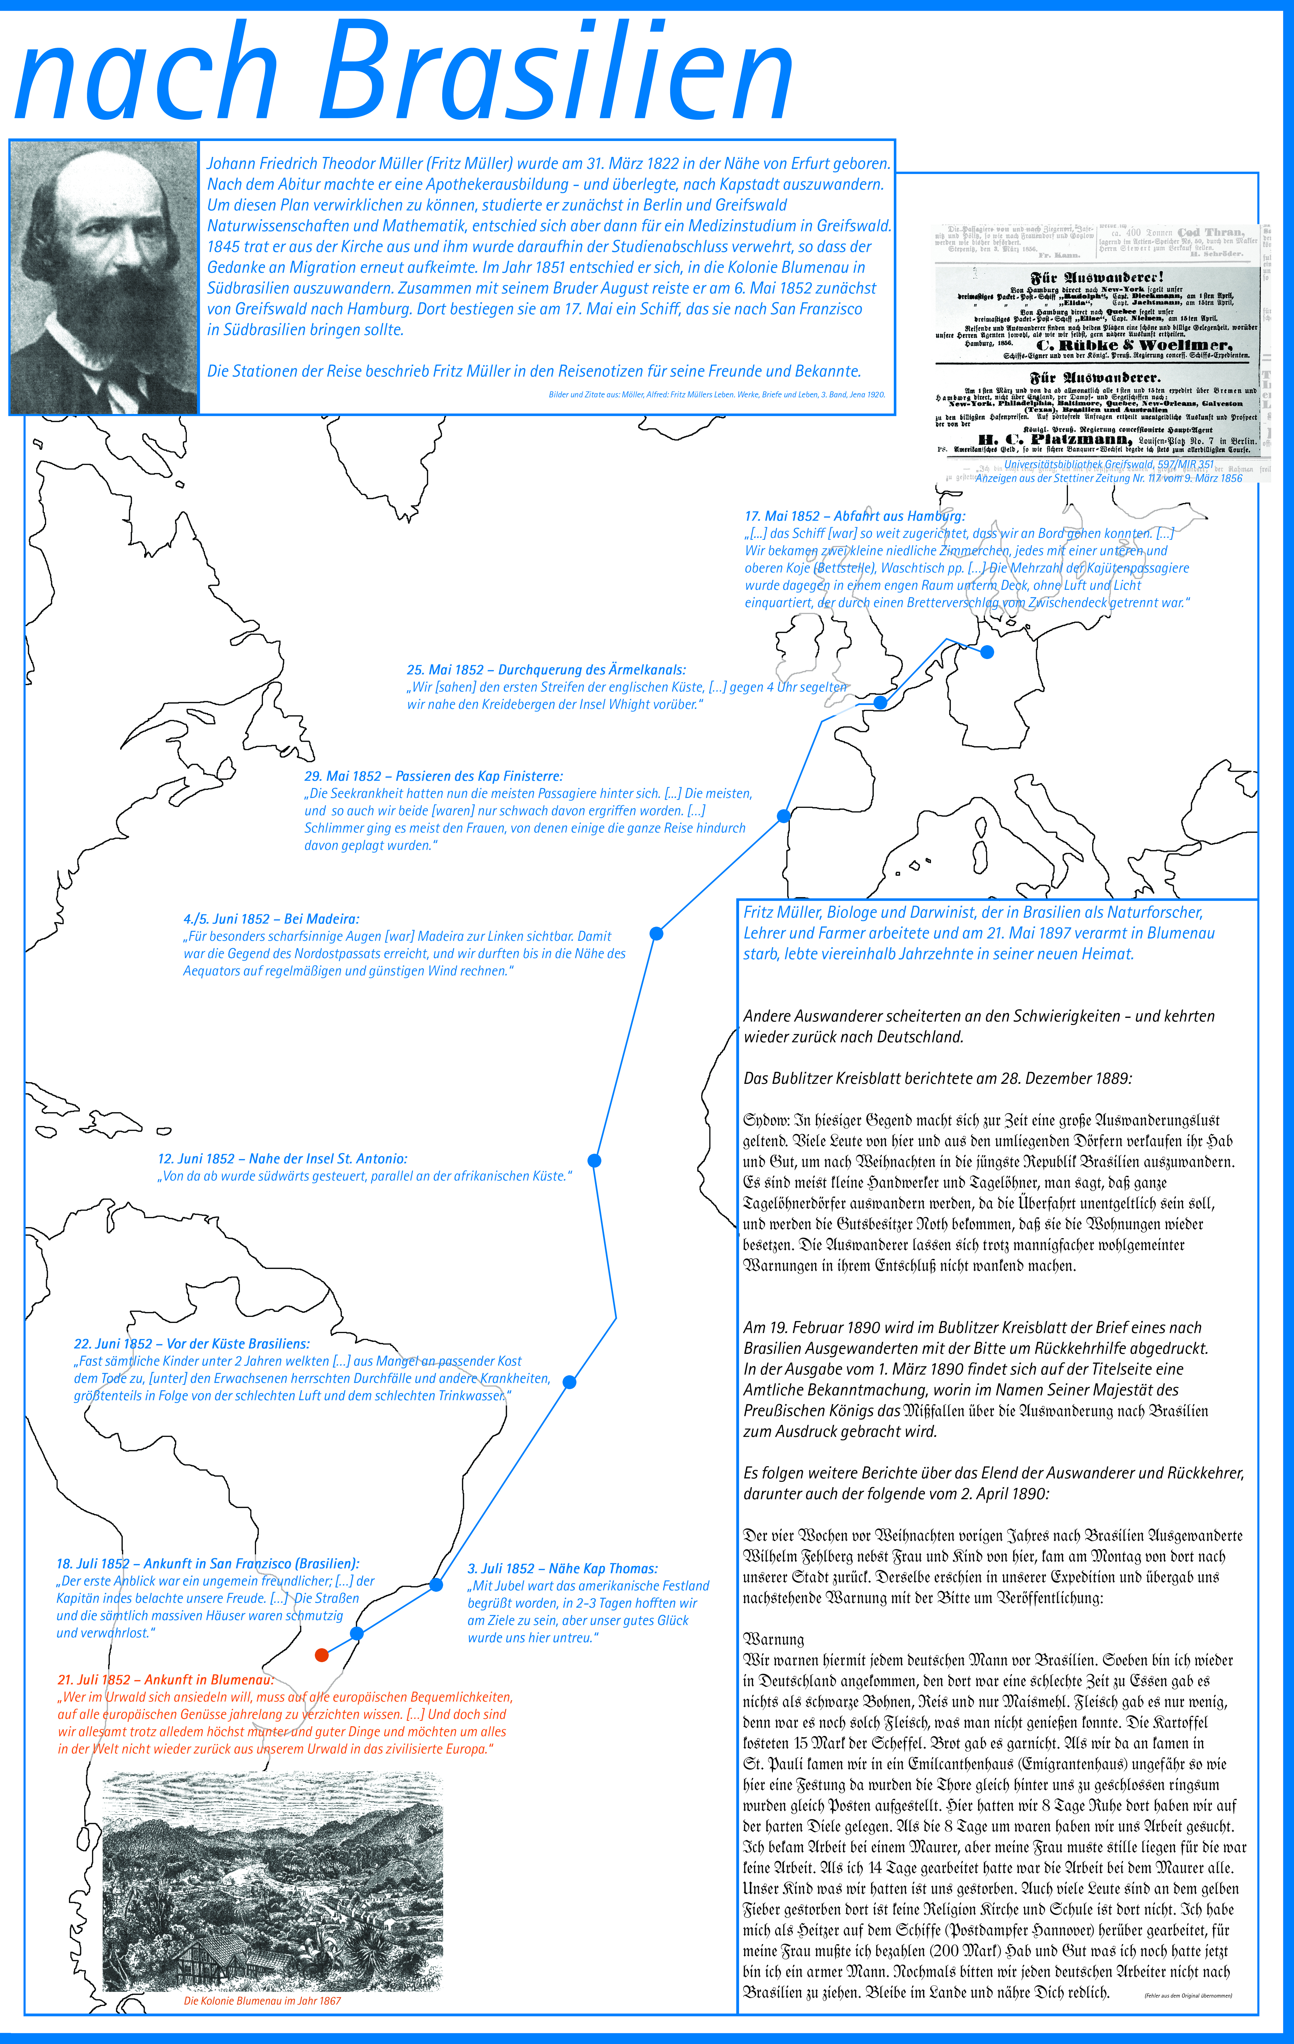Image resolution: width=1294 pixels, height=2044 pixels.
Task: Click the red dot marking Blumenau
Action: click(x=321, y=1654)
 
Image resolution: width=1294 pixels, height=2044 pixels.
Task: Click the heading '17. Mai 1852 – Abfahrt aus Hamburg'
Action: click(x=855, y=516)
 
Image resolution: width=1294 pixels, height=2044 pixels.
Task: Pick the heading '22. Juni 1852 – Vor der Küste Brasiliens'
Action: click(x=192, y=1344)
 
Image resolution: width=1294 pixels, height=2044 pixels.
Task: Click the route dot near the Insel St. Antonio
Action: click(x=594, y=1160)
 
